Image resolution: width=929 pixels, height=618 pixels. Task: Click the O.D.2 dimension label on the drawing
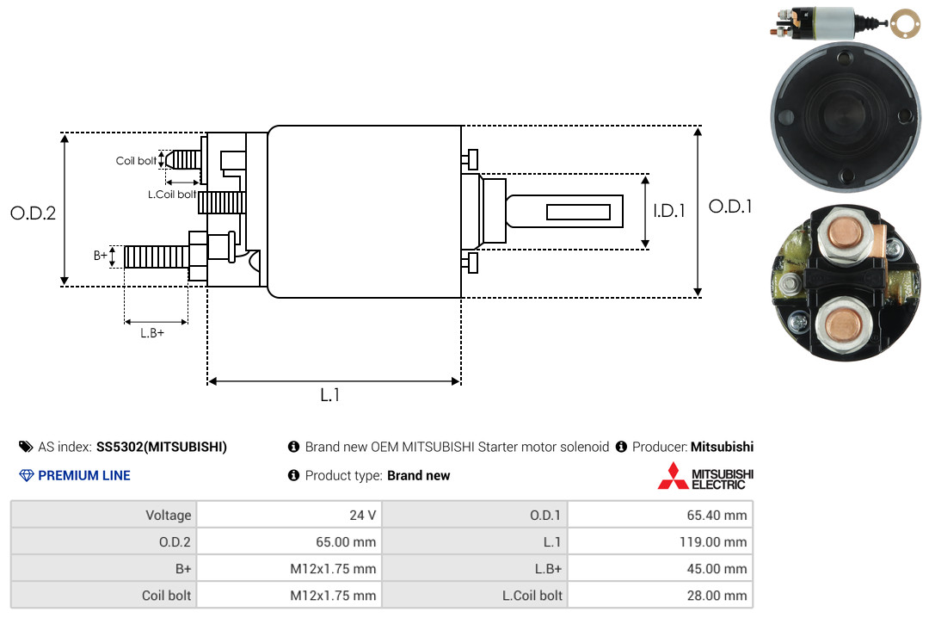(34, 213)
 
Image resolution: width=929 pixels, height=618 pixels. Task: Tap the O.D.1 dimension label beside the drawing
(730, 207)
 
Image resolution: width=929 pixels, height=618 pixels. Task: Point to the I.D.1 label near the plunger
(669, 211)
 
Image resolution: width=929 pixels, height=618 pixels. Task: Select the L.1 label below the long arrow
(330, 395)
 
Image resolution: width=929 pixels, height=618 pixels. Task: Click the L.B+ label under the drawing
(152, 333)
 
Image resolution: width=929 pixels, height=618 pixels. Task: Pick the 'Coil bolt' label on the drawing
(136, 161)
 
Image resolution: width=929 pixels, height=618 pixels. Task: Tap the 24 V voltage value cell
(363, 515)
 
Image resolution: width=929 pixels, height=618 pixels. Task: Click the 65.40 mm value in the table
(717, 515)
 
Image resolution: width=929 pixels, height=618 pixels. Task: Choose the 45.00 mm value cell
(717, 568)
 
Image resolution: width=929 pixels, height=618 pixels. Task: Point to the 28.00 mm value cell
(717, 595)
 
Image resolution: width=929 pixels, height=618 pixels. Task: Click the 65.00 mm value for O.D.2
(346, 541)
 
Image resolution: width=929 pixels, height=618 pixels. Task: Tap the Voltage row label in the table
(169, 515)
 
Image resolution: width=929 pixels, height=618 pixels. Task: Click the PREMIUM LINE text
(84, 475)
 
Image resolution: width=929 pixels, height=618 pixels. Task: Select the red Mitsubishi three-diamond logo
(673, 476)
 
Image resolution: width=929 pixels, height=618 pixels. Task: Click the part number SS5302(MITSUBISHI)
(162, 447)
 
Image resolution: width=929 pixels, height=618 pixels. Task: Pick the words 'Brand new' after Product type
(419, 475)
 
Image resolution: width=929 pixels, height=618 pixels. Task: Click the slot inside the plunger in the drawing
(578, 212)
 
